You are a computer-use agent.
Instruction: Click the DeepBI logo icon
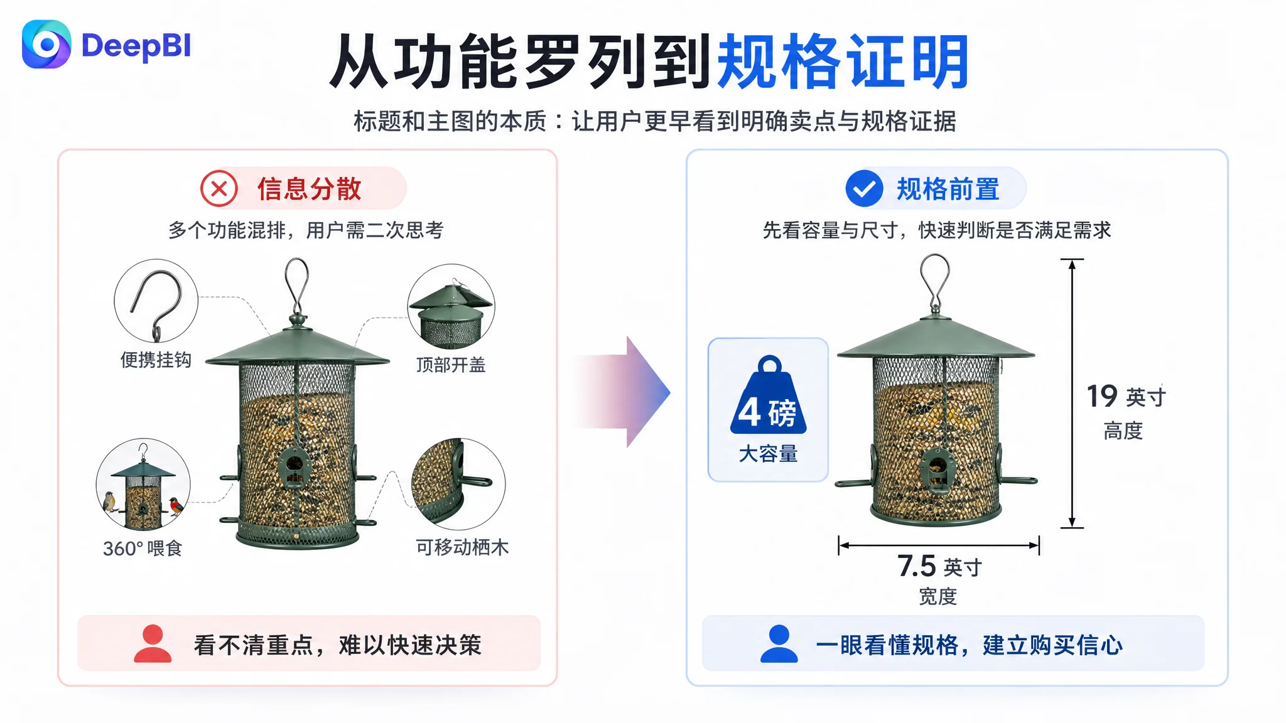click(x=46, y=45)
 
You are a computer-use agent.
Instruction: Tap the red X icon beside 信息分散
click(x=219, y=188)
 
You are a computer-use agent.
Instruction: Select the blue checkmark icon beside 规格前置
click(x=864, y=188)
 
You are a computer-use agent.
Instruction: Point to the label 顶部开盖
click(x=451, y=365)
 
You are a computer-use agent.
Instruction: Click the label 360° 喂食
click(x=143, y=548)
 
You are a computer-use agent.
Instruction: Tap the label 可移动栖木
click(x=462, y=547)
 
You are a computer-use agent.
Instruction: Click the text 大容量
click(x=768, y=453)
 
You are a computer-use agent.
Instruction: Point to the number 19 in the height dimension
click(x=1102, y=397)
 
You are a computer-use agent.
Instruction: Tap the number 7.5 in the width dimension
click(x=917, y=566)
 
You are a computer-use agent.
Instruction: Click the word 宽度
click(x=937, y=596)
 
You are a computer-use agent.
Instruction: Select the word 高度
click(x=1123, y=431)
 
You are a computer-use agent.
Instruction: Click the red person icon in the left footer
click(x=153, y=643)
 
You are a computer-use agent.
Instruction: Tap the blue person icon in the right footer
click(x=779, y=643)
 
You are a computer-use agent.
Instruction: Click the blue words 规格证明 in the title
click(x=843, y=62)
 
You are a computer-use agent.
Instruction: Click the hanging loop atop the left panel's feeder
click(x=298, y=286)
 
